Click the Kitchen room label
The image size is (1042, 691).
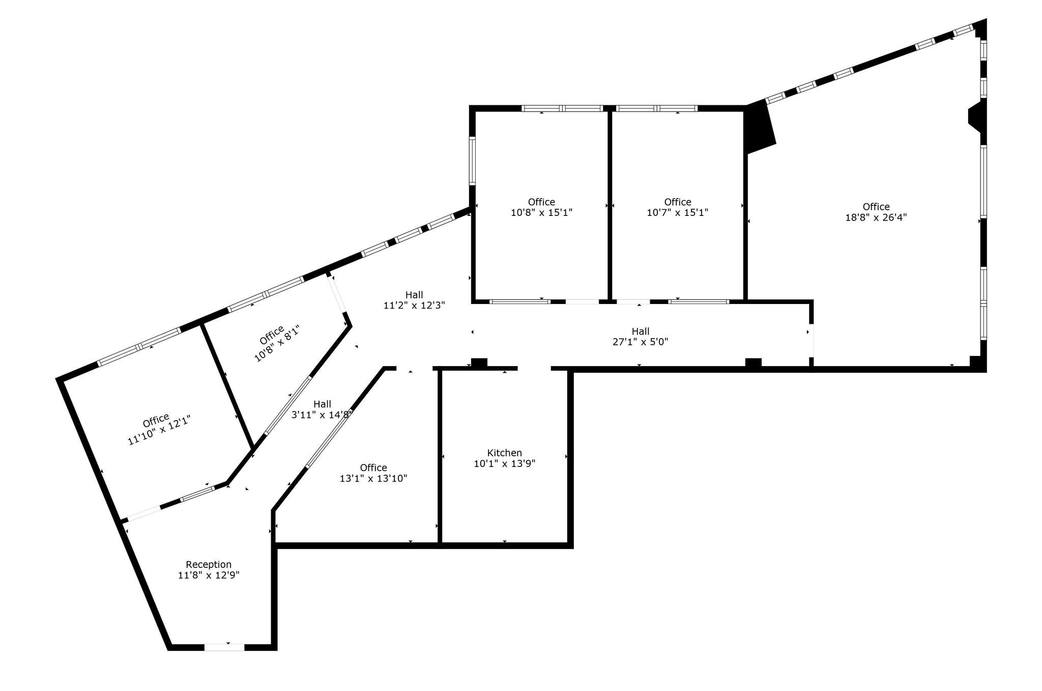pos(504,453)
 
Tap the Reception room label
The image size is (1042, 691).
pos(209,564)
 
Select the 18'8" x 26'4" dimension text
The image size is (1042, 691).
pos(876,217)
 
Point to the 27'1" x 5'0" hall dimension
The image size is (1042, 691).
pos(640,342)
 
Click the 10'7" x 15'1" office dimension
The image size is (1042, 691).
pos(677,212)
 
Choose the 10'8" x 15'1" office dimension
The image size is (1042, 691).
pos(541,212)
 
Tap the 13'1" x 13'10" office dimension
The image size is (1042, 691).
pos(373,479)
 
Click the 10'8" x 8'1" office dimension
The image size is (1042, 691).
pos(277,344)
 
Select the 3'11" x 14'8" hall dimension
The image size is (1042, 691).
pos(322,415)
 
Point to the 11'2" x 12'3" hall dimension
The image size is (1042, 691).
pos(414,306)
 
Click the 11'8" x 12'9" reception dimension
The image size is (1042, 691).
pos(209,575)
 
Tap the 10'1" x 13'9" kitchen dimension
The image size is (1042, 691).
pos(504,463)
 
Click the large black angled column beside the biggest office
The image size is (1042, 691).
pos(759,127)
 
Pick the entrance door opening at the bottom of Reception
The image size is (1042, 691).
pos(224,647)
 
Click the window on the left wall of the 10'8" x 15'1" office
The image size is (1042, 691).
pos(472,161)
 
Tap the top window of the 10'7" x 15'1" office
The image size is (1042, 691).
pos(656,108)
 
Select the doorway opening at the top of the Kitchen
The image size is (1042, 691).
pos(534,368)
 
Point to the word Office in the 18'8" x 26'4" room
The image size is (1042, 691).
pos(876,207)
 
